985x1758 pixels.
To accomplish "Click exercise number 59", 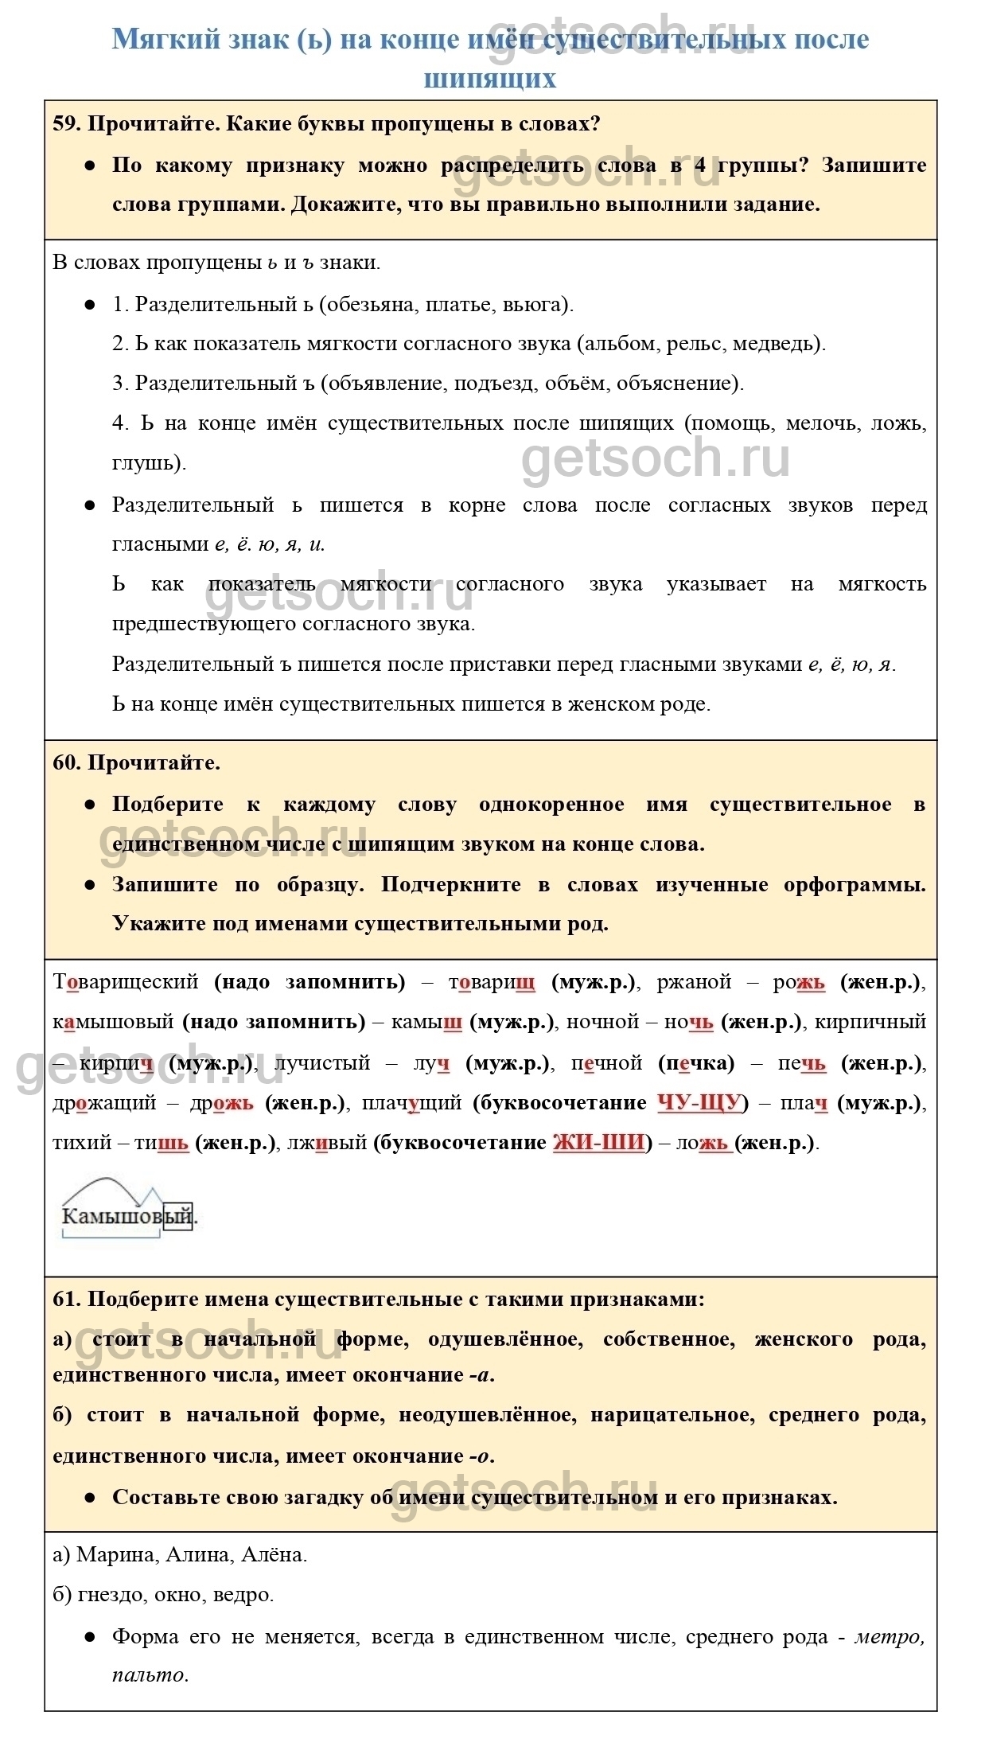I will (x=66, y=124).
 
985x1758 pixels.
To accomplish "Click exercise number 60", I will (x=66, y=762).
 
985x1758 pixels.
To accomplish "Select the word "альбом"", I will (x=620, y=344).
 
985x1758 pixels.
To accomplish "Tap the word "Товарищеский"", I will (x=126, y=982).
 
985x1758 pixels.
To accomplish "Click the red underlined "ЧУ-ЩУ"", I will (x=699, y=1103).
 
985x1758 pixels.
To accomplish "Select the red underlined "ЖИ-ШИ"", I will (x=598, y=1143).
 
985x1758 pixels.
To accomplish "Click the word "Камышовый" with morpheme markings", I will (x=127, y=1216).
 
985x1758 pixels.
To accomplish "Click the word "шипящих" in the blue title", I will (x=489, y=79).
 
